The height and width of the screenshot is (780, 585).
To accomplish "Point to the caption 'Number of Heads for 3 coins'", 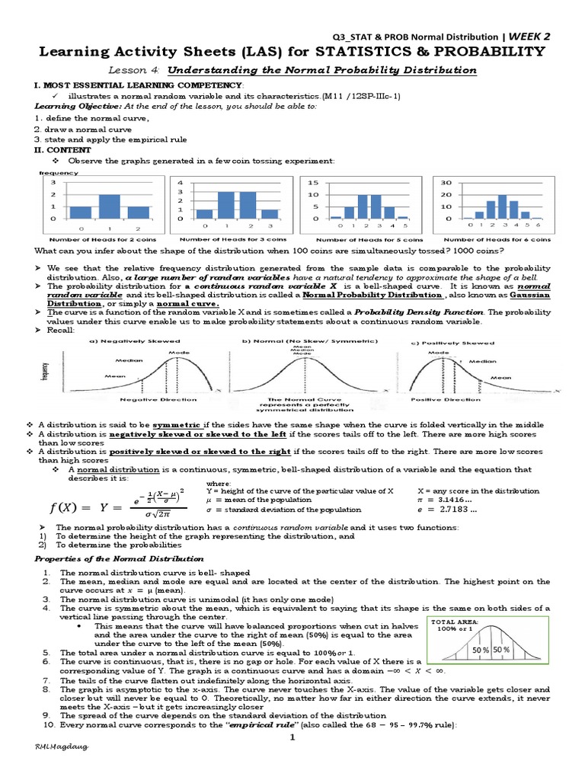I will [x=225, y=238].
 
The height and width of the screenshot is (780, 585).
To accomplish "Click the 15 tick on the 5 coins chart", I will [x=312, y=183].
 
